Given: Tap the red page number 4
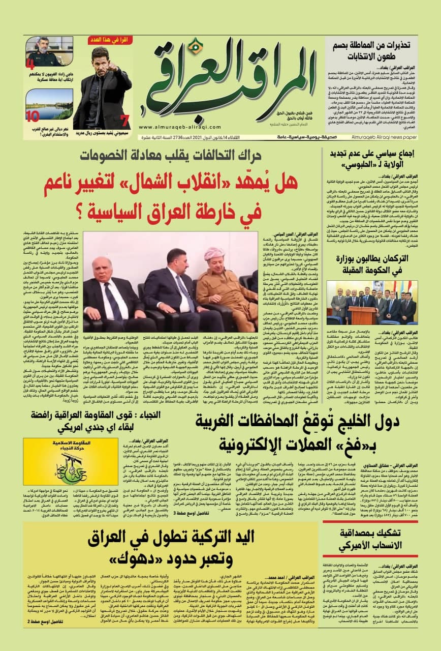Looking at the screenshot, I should [30, 65].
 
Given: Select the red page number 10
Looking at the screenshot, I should [33, 116].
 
